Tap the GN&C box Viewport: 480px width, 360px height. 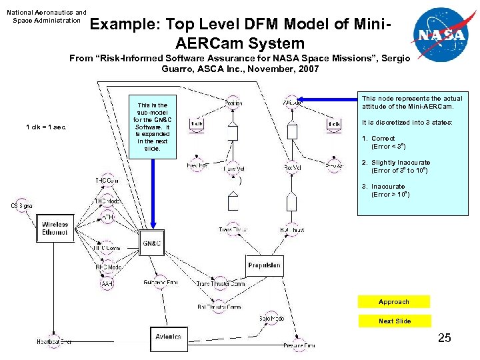(151, 243)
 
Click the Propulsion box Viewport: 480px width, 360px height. (264, 265)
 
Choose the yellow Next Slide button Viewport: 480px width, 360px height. (394, 321)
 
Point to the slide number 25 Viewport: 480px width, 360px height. (445, 339)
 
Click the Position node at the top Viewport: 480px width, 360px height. (233, 103)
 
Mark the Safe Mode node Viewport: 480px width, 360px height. (271, 319)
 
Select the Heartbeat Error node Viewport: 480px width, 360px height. (53, 342)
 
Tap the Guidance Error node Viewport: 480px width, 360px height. (160, 283)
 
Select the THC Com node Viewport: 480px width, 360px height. (107, 181)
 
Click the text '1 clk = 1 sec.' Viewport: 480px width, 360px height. (47, 127)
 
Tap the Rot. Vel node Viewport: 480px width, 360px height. (291, 169)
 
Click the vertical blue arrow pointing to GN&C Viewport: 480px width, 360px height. (153, 193)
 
